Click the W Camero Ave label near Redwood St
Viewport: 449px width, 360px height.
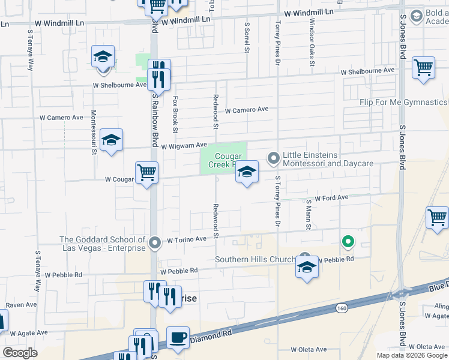(x=247, y=110)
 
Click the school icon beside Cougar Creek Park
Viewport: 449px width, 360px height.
(x=246, y=173)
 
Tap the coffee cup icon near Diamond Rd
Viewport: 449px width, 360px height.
(x=177, y=338)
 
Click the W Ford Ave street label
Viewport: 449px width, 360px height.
(x=327, y=197)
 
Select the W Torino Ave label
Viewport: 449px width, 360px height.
(x=187, y=239)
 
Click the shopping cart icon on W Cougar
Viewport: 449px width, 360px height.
(x=146, y=173)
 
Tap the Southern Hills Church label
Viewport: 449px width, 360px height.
(x=255, y=260)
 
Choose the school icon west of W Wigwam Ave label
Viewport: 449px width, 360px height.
(x=111, y=140)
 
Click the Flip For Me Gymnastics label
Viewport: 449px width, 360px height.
(x=403, y=103)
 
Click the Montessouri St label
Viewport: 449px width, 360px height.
(x=94, y=131)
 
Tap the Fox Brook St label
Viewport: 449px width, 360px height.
(x=175, y=113)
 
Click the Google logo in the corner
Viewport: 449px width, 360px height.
(x=20, y=353)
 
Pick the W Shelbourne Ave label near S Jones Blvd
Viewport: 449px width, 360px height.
(x=367, y=71)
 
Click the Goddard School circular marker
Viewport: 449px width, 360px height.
(x=155, y=243)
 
